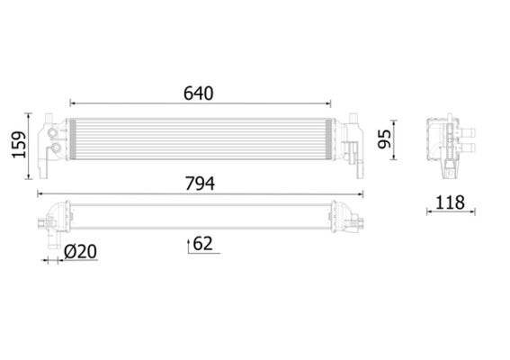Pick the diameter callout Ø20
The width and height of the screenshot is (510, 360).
point(80,253)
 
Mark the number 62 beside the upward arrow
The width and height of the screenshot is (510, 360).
point(203,242)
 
